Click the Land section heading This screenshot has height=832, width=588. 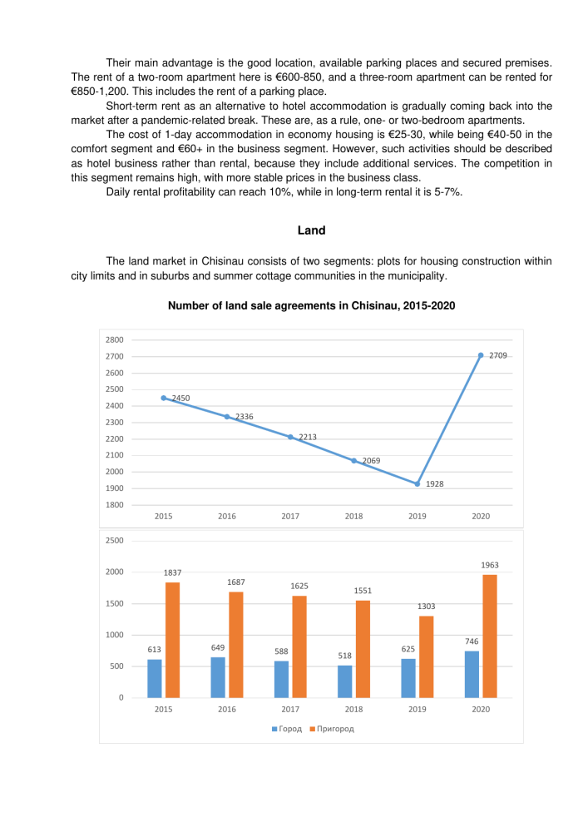click(x=311, y=230)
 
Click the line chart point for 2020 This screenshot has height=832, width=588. click(x=481, y=355)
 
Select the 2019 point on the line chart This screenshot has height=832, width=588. click(x=418, y=483)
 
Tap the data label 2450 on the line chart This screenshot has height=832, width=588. click(x=180, y=398)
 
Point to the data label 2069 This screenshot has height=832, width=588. click(x=371, y=460)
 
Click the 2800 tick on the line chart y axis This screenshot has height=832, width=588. click(x=115, y=339)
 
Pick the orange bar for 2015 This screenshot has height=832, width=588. click(x=172, y=639)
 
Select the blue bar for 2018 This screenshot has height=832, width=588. click(x=344, y=681)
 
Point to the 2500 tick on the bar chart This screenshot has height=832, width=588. click(x=115, y=541)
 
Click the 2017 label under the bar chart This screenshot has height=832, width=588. click(x=290, y=709)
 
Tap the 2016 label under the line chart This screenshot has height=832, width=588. click(x=227, y=516)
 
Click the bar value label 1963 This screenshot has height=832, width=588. click(x=490, y=565)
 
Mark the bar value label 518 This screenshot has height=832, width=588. click(x=344, y=656)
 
